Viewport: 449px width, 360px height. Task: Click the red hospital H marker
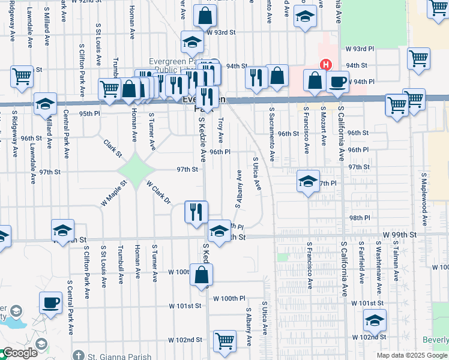pyautogui.click(x=325, y=64)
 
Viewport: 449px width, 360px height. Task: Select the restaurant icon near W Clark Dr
pyautogui.click(x=196, y=212)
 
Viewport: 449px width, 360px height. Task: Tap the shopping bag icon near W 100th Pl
pyautogui.click(x=202, y=275)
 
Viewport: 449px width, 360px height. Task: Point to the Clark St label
pyautogui.click(x=112, y=148)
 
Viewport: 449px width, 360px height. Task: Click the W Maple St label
pyautogui.click(x=113, y=193)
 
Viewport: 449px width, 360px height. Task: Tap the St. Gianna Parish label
pyautogui.click(x=120, y=356)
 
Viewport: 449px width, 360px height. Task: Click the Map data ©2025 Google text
pyautogui.click(x=412, y=355)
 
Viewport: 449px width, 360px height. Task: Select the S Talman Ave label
pyautogui.click(x=396, y=259)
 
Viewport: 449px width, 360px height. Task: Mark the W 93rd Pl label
pyautogui.click(x=360, y=48)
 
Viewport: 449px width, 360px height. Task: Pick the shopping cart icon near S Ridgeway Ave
pyautogui.click(x=22, y=77)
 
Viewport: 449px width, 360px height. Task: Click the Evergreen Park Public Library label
pyautogui.click(x=174, y=66)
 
